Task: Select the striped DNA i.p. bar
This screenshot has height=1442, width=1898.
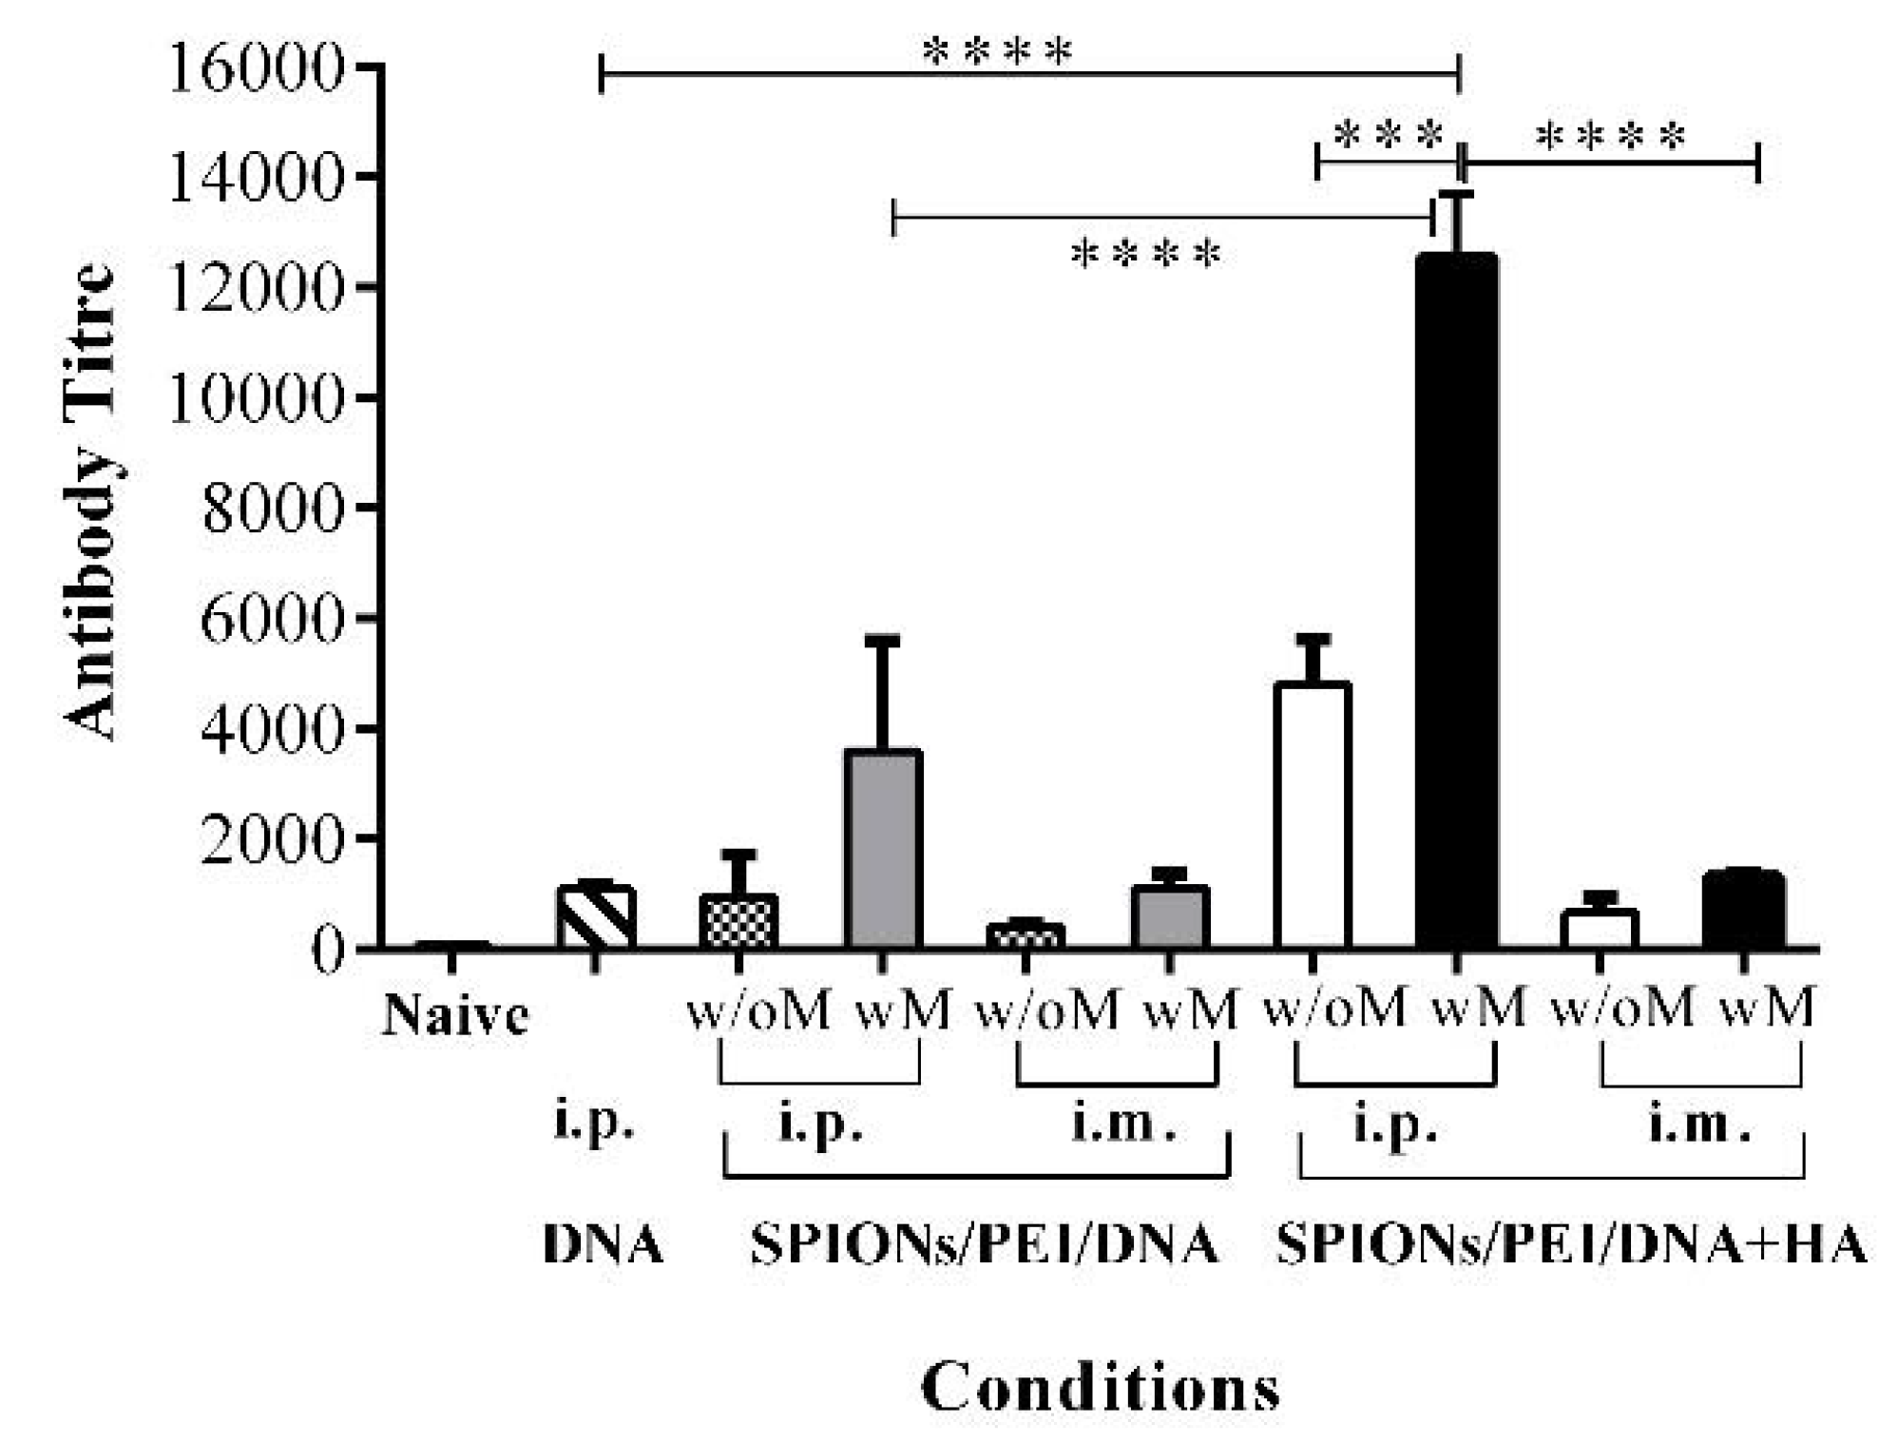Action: pos(595,916)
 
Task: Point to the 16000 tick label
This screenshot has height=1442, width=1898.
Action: pos(254,68)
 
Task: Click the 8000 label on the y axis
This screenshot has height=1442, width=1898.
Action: pos(271,510)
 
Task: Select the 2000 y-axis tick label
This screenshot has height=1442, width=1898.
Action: pos(271,839)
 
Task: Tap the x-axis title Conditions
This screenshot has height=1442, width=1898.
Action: pos(1100,1388)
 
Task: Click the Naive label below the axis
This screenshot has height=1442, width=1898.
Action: pos(454,1015)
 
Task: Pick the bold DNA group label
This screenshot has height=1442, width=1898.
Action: pos(603,1243)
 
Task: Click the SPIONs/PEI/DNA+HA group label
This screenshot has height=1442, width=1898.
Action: pos(1571,1243)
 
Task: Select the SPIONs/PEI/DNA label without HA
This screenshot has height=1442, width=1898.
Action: pos(984,1243)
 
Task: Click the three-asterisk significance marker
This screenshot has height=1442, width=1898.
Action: pos(1388,136)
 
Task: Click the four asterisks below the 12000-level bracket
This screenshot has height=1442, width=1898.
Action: pos(1145,255)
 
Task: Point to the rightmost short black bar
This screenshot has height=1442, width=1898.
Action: pos(1743,910)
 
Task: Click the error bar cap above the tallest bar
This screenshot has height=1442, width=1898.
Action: pos(1456,194)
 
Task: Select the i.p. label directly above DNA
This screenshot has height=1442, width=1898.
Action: pos(594,1123)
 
